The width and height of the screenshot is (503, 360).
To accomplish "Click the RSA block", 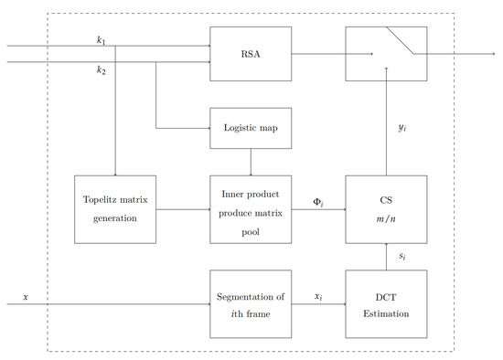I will pyautogui.click(x=251, y=53).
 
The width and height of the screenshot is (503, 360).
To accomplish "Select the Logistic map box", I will pyautogui.click(x=251, y=129).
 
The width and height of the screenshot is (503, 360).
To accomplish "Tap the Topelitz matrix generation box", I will pyautogui.click(x=114, y=209).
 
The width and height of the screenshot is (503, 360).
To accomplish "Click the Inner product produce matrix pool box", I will pyautogui.click(x=251, y=209).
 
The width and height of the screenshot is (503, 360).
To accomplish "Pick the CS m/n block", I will pyautogui.click(x=386, y=209).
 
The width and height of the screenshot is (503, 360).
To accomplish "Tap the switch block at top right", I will pyautogui.click(x=386, y=53).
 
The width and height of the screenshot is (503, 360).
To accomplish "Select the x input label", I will pyautogui.click(x=26, y=296).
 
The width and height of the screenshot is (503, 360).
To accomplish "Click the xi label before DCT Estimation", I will pyautogui.click(x=317, y=296).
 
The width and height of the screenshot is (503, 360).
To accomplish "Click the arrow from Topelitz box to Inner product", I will pyautogui.click(x=182, y=209).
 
